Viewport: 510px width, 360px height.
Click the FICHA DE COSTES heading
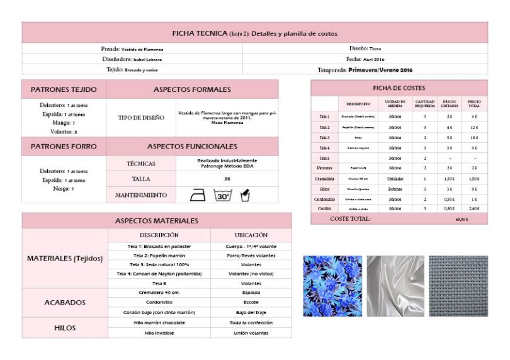[x=399, y=87]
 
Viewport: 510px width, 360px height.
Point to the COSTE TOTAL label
[x=350, y=219]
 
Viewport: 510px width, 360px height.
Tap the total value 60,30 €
[x=462, y=220]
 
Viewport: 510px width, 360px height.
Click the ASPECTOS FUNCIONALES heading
[x=192, y=146]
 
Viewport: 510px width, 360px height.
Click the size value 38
[x=226, y=179]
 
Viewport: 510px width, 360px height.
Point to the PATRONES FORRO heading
[x=64, y=146]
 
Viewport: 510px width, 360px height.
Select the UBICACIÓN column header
[x=251, y=235]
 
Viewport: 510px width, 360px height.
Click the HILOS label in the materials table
[x=64, y=327]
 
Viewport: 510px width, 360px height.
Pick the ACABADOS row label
[x=64, y=303]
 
